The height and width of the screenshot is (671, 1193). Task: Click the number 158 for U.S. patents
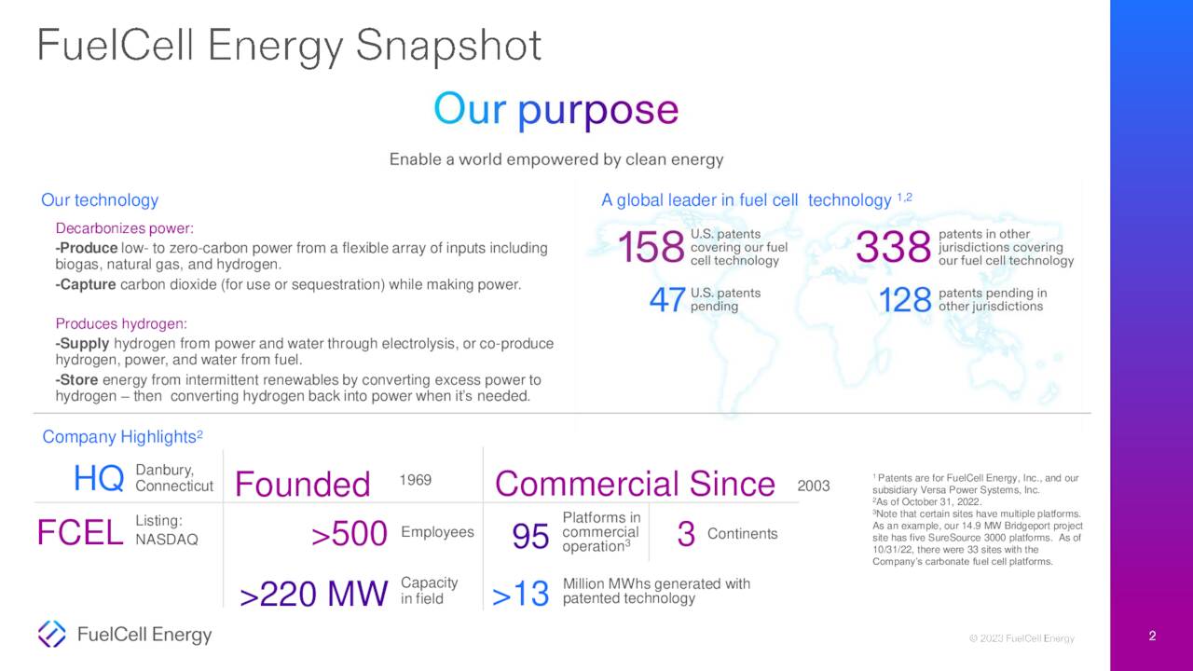point(651,248)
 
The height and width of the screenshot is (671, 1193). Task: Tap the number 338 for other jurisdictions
point(893,248)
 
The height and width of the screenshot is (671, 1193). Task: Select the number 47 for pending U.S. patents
point(667,300)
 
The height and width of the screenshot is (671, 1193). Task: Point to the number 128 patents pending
point(905,300)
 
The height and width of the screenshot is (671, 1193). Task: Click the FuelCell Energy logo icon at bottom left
point(51,634)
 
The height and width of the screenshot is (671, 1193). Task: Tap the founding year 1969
point(415,480)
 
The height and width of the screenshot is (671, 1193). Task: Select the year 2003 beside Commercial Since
point(814,486)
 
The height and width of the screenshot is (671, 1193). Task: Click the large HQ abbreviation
point(99,479)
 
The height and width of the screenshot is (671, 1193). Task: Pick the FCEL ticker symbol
point(79,533)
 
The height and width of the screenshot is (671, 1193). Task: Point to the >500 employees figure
point(349,534)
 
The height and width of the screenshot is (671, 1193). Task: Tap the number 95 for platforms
point(530,536)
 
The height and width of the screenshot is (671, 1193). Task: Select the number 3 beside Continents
point(686,534)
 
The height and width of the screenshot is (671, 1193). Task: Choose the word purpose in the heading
point(597,110)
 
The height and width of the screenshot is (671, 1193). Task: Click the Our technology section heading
point(100,200)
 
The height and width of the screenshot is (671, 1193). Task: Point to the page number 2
point(1152,637)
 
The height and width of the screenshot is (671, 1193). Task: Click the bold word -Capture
point(86,284)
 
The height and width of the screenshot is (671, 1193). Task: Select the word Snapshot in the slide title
point(448,46)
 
